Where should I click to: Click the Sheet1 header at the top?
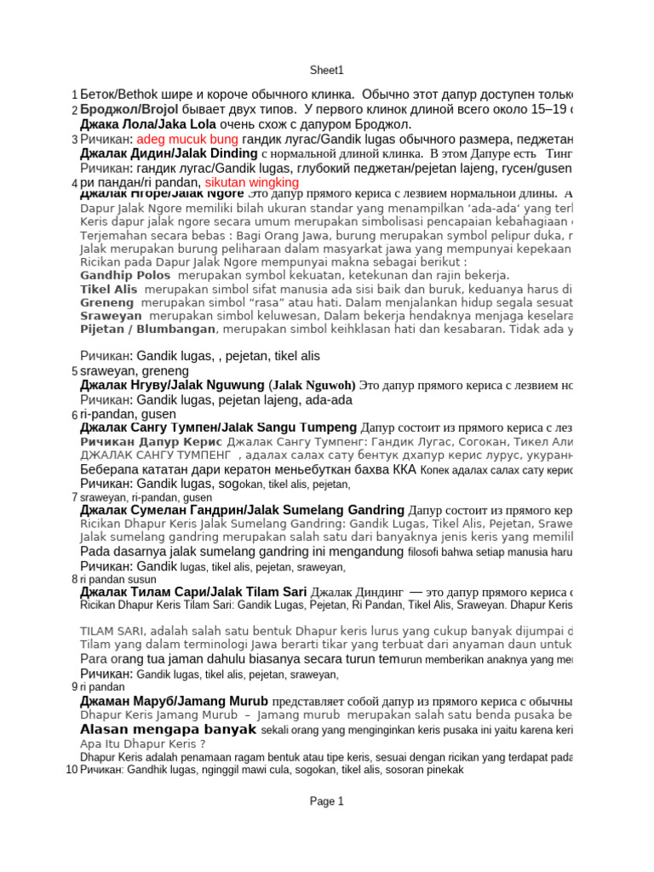pyautogui.click(x=327, y=71)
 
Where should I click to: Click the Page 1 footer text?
pyautogui.click(x=327, y=801)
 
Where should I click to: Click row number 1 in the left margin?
pyautogui.click(x=75, y=95)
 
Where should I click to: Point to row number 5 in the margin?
pyautogui.click(x=75, y=371)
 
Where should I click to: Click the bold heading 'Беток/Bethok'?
pyautogui.click(x=112, y=94)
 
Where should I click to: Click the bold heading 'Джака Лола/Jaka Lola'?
pyautogui.click(x=147, y=124)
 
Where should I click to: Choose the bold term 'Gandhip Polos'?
pyautogui.click(x=125, y=275)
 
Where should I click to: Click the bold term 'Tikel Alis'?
pyautogui.click(x=108, y=290)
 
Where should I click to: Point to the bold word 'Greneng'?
pyautogui.click(x=107, y=302)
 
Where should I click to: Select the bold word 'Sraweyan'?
pyautogui.click(x=111, y=316)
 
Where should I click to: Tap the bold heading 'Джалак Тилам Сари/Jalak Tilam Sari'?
pyautogui.click(x=193, y=592)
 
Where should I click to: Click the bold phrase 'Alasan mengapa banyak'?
pyautogui.click(x=168, y=730)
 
